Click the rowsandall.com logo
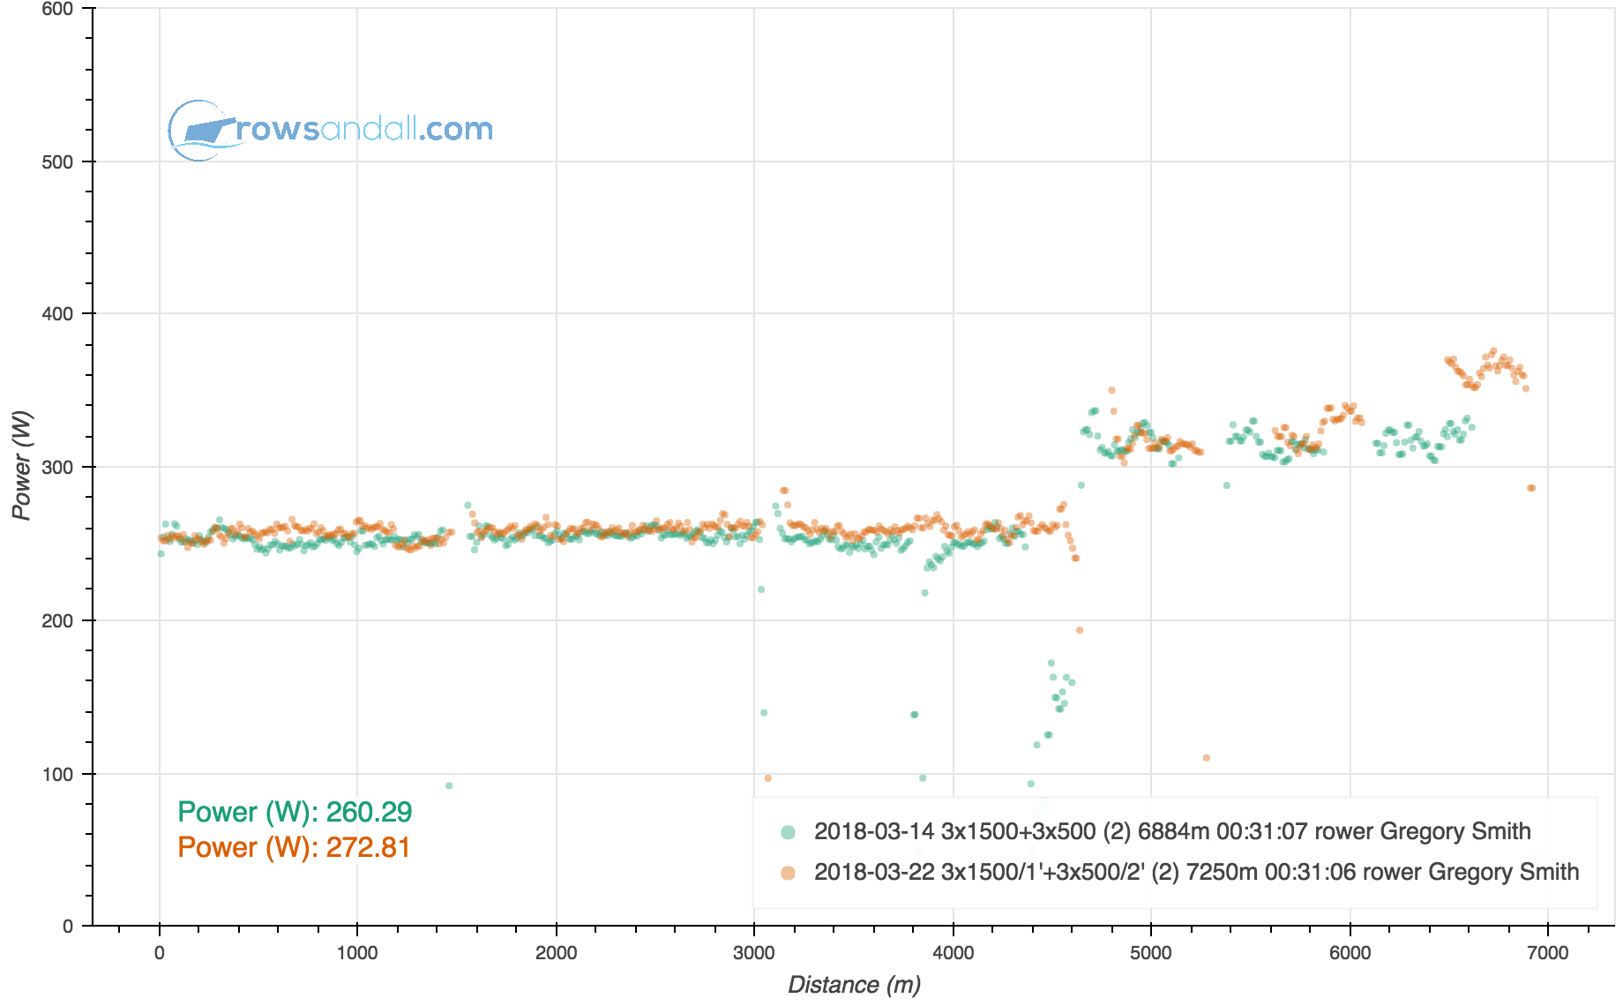tap(331, 130)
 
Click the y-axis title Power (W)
tap(22, 465)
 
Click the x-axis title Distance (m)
tap(854, 985)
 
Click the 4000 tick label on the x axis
tap(953, 953)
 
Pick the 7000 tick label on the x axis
tap(1548, 953)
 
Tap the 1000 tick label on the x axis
tap(357, 953)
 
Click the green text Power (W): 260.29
tap(295, 812)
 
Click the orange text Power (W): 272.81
tap(294, 847)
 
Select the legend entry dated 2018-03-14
tap(1171, 831)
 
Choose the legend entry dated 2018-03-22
tap(1196, 872)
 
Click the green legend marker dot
tap(788, 832)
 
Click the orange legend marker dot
tap(788, 873)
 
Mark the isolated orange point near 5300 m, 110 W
tap(1206, 758)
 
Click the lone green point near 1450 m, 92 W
tap(449, 785)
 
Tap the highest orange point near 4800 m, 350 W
tap(1111, 390)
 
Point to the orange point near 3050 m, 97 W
tap(767, 778)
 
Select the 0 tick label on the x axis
tap(159, 953)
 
